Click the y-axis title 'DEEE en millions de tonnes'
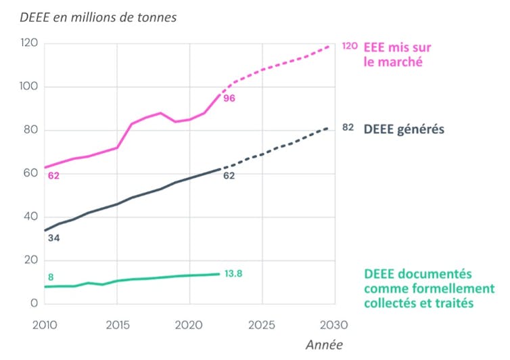click(98, 18)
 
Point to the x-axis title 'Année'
click(324, 344)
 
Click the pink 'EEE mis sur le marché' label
click(397, 54)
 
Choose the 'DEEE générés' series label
click(404, 129)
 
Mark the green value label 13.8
click(233, 274)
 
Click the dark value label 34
click(53, 238)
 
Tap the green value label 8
click(50, 277)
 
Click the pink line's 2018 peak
click(160, 113)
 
